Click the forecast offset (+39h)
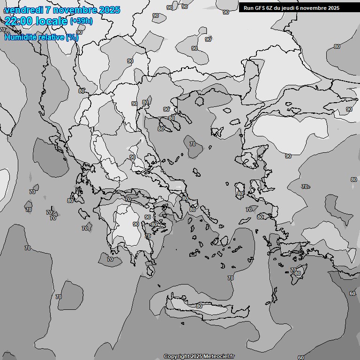(x=81, y=21)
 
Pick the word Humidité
(x=22, y=37)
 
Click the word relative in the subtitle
(x=52, y=37)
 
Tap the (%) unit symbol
(x=72, y=37)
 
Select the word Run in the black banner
(x=248, y=8)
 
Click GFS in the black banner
(x=260, y=8)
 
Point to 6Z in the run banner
(x=270, y=8)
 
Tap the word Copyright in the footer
(x=176, y=357)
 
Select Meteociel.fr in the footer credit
(x=219, y=357)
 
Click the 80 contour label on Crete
(x=199, y=306)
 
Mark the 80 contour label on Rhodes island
(x=298, y=273)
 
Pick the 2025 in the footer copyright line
(x=196, y=357)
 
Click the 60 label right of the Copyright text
(x=300, y=357)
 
